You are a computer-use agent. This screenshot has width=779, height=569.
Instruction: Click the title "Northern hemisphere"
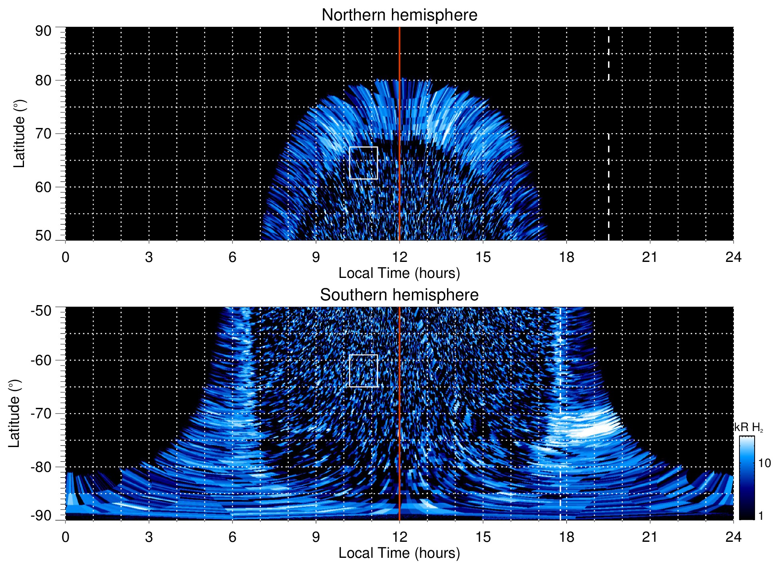pos(399,15)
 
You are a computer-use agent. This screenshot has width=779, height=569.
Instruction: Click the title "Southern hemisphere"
pos(399,295)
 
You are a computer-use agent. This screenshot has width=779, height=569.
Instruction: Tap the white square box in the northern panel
pos(363,163)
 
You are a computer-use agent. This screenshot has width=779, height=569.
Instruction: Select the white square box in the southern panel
pos(363,371)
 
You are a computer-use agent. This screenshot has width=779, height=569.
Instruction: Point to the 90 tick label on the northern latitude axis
pos(43,31)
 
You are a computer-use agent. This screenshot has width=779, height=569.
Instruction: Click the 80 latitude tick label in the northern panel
pos(43,80)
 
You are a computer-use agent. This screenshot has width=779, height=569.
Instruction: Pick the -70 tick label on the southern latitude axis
pos(41,413)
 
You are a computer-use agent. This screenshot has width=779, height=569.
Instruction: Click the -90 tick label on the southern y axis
pos(41,516)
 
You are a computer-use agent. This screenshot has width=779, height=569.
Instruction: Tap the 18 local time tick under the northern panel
pos(566,257)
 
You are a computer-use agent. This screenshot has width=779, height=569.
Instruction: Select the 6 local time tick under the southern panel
pos(233,537)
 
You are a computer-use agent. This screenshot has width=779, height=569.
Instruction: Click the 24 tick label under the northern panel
pos(733,257)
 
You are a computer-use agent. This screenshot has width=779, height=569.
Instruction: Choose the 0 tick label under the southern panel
pos(66,537)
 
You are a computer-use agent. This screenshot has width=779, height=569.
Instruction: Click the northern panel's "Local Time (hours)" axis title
pos(399,274)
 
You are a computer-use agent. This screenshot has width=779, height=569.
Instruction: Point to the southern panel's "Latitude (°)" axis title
pos(14,413)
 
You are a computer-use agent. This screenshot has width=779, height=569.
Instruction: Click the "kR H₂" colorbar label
pos(749,427)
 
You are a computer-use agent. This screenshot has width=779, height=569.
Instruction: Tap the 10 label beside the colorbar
pos(764,463)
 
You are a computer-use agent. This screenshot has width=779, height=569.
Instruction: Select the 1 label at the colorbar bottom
pos(761,516)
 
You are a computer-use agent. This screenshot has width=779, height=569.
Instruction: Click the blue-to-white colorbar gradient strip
pos(746,478)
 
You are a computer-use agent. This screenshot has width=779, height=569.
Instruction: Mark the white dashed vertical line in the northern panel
pos(608,180)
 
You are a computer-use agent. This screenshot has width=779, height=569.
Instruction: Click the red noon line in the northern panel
pos(399,120)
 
